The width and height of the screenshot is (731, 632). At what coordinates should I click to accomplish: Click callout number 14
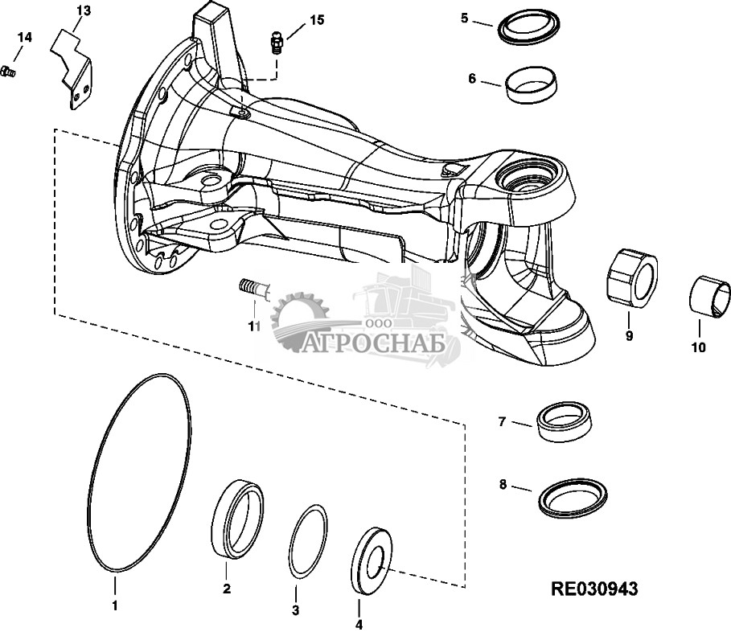point(25,37)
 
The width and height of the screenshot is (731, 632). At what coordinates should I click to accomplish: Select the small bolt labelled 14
point(8,72)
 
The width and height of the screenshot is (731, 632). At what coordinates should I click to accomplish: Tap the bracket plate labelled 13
point(72,70)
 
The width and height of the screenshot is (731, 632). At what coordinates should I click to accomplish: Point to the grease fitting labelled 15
point(277,43)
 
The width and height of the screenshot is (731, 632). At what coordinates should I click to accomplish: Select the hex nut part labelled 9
point(632,278)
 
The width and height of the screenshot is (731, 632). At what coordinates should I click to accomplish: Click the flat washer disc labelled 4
point(372,560)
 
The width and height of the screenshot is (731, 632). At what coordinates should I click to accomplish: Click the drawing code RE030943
point(594,589)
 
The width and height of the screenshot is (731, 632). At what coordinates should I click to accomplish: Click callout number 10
point(698,347)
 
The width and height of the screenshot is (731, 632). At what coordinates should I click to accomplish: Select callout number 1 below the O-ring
point(115,606)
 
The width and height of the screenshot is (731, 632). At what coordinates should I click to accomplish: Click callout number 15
point(317,21)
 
